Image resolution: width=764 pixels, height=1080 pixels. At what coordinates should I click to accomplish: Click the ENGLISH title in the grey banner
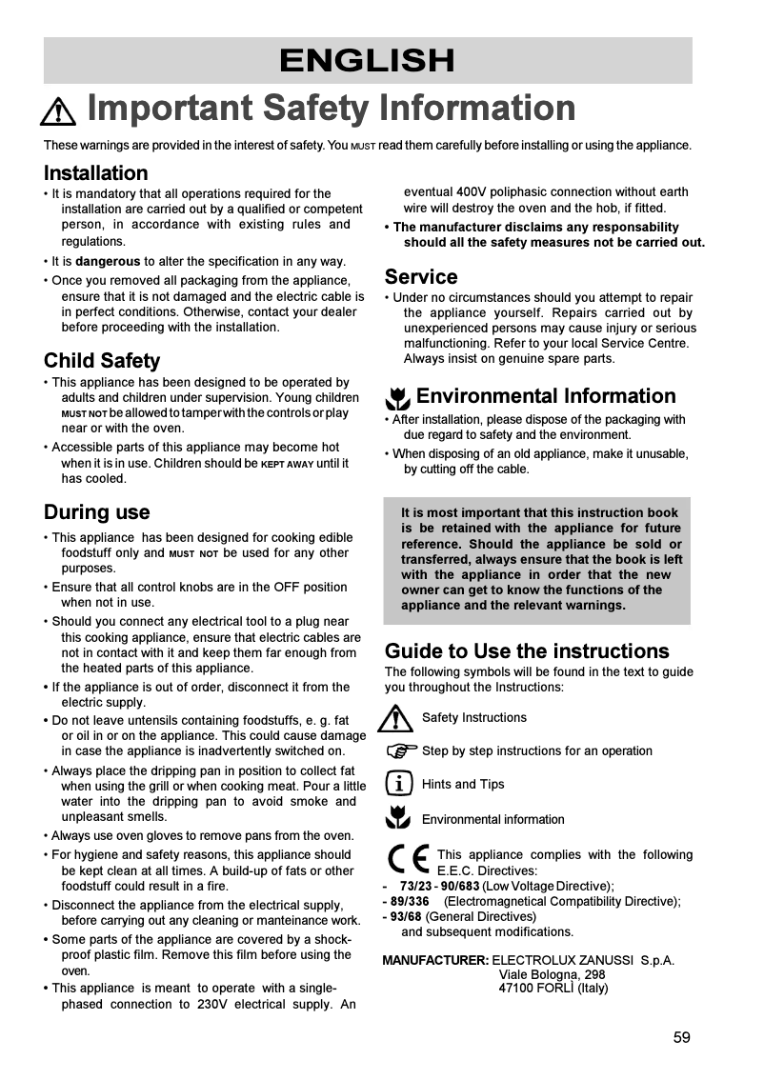click(367, 61)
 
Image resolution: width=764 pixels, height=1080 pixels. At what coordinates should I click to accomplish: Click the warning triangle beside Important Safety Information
click(58, 112)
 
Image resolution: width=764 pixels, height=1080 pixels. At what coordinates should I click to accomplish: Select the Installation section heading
click(95, 173)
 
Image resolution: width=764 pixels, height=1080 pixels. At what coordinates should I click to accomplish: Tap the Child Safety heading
click(102, 361)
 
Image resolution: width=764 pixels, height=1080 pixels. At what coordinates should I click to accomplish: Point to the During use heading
click(96, 512)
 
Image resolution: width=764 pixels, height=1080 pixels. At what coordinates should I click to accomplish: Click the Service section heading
click(420, 277)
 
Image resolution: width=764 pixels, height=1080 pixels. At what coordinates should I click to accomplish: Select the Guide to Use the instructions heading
click(526, 651)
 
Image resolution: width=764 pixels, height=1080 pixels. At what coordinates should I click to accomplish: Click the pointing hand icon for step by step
click(401, 750)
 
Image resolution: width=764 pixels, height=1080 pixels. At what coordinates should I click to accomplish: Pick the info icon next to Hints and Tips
click(399, 784)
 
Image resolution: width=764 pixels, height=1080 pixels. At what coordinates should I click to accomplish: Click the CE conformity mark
click(408, 862)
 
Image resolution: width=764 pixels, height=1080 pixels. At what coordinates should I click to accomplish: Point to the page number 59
click(681, 1037)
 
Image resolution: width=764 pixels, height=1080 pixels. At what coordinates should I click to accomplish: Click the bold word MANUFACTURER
click(435, 960)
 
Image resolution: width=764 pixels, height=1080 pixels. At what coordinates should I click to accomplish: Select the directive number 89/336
click(410, 901)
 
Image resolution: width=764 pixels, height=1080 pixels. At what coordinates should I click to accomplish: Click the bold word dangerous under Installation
click(108, 261)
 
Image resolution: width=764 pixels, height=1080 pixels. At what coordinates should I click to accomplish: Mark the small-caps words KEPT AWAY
click(287, 464)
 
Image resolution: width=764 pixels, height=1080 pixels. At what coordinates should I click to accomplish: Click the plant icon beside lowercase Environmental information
click(397, 817)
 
